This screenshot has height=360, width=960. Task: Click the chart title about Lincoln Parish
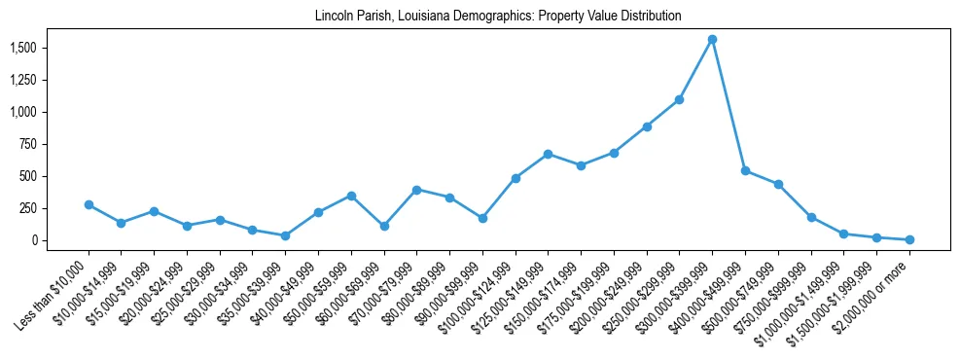pos(497,17)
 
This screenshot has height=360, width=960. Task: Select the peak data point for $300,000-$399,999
pos(712,39)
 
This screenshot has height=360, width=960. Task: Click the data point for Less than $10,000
pos(89,205)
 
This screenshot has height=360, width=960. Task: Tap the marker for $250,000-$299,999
pos(679,99)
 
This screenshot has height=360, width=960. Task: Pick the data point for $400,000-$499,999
pos(745,170)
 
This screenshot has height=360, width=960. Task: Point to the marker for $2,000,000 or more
pos(909,239)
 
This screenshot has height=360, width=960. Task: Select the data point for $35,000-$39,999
pos(285,235)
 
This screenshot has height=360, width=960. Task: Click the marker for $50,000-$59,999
pos(351,196)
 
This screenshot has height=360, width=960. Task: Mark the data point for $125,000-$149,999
pos(548,154)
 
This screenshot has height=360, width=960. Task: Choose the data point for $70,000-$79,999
pos(416,190)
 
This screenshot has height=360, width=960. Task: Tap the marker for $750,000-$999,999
pos(811,217)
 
